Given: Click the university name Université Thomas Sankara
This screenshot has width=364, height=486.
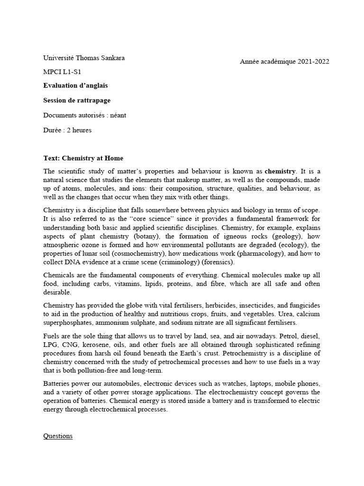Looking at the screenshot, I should (84, 58).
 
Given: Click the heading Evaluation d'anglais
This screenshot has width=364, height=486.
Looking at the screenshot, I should (75, 86).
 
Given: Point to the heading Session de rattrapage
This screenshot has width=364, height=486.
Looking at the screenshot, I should (77, 101).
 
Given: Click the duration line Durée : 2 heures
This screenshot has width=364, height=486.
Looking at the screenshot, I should (67, 130).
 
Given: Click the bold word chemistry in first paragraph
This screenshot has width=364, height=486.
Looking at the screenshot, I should (280, 171).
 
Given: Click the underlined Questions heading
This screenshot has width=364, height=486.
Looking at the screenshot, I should (58, 436).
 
